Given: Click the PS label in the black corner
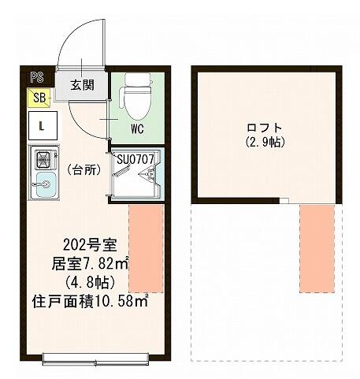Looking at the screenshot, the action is coord(37,78).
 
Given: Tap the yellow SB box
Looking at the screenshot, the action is coord(39,98).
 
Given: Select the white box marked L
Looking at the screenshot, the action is coord(43,125).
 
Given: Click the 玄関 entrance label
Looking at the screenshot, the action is coord(82,85).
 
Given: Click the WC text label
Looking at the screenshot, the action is coord(137,129).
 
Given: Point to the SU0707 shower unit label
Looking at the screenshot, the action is coord(135,159).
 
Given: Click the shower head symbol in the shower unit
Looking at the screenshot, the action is coord(147,173).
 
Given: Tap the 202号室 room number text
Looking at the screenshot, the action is coord(90,245).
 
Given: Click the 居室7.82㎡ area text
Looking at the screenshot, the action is coord(90,264).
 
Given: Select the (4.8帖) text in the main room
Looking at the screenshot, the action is coord(90,283).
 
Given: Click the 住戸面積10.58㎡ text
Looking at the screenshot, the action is coord(90,301).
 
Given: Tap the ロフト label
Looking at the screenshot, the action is coord(265,128).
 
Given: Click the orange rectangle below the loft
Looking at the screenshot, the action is coord(317,248).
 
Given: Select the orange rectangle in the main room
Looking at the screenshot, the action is coord(147,248).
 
